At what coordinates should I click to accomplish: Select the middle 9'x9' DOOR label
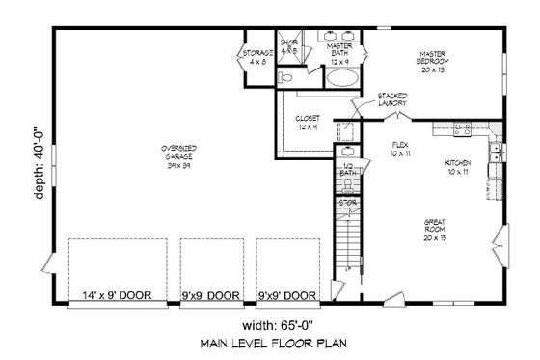pos(211,296)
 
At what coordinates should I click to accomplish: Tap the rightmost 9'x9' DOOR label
pos(287,296)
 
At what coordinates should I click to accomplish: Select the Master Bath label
pos(338,52)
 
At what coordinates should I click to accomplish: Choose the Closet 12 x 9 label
pos(308,123)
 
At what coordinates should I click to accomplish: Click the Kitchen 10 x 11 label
pos(459,167)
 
